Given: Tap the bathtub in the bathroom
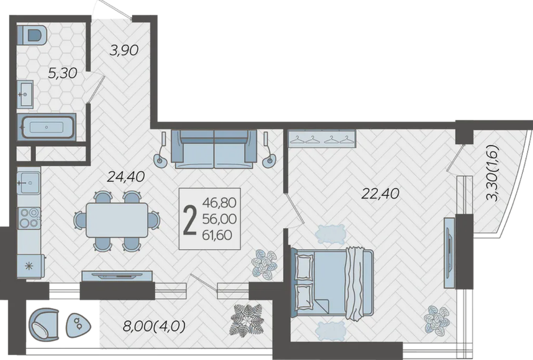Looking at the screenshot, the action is [x=47, y=127].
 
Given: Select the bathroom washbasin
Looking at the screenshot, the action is [x=25, y=94].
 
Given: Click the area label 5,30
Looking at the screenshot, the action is [x=63, y=73].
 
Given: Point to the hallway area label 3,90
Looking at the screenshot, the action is [x=124, y=50].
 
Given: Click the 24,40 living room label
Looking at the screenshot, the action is [x=126, y=177].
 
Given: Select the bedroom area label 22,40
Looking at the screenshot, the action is [x=380, y=194].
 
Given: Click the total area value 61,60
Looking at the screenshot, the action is [x=218, y=235].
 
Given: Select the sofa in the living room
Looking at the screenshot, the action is [x=214, y=149].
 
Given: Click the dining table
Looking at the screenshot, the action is [x=117, y=220].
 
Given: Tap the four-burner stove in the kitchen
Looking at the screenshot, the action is [x=29, y=218].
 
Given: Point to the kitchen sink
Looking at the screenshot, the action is [x=29, y=183].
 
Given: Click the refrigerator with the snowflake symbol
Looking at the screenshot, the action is [x=30, y=267].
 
